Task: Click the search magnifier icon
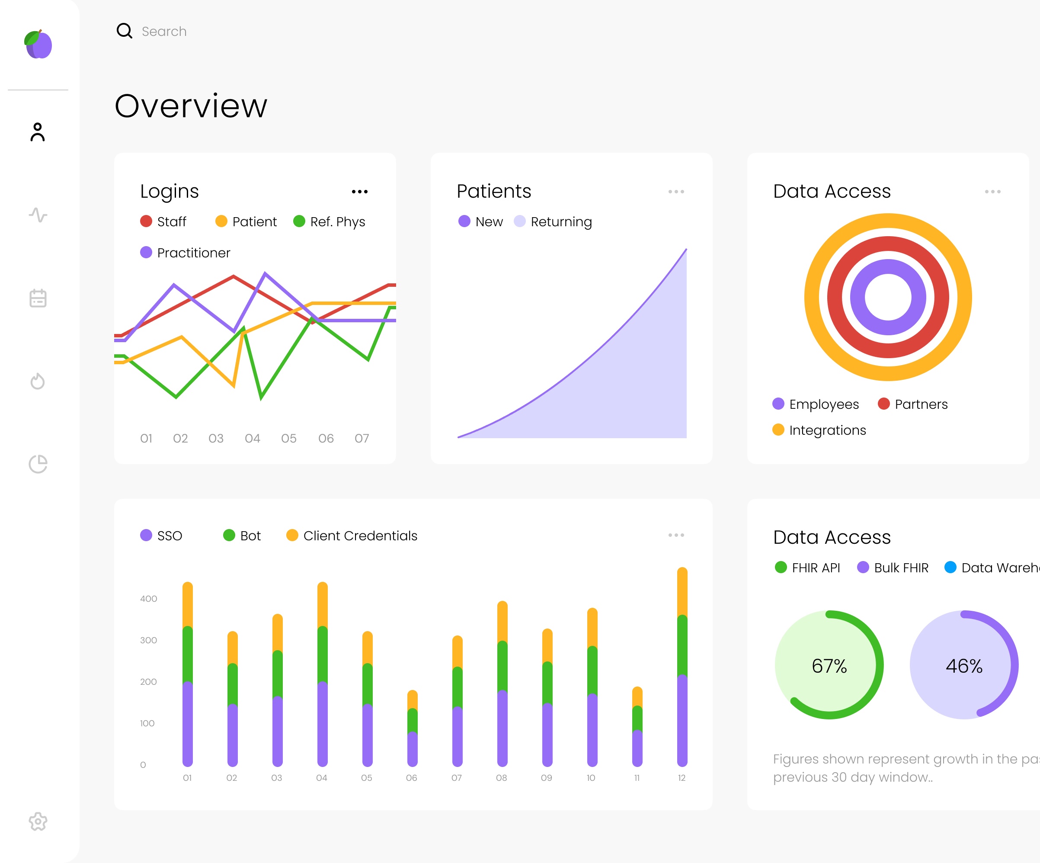(x=124, y=31)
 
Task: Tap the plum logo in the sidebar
(x=38, y=45)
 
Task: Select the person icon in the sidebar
(x=38, y=132)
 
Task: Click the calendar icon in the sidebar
(x=38, y=298)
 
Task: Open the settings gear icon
(x=38, y=821)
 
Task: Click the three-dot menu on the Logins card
(x=359, y=192)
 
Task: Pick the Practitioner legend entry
(x=185, y=253)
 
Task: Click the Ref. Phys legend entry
(x=330, y=221)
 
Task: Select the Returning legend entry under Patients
(x=553, y=221)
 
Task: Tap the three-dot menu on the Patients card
(x=676, y=192)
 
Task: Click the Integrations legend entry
(x=819, y=430)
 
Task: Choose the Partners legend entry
(x=913, y=404)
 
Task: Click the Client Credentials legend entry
(x=352, y=536)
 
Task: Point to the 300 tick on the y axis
(x=148, y=640)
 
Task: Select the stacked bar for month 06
(x=412, y=728)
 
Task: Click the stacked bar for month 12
(x=682, y=667)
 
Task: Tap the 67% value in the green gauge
(x=829, y=666)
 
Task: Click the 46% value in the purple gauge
(x=964, y=666)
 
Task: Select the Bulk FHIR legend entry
(x=893, y=568)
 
